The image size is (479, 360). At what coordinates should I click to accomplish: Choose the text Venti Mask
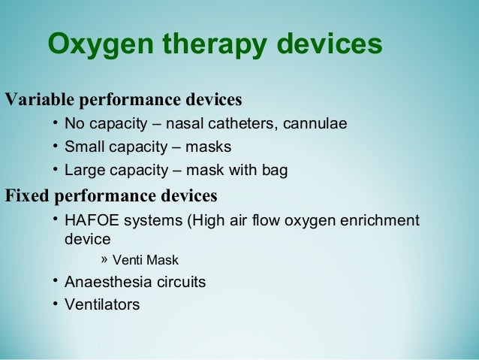click(146, 262)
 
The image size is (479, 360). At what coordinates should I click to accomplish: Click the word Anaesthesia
click(107, 283)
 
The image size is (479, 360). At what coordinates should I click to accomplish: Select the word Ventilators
click(101, 305)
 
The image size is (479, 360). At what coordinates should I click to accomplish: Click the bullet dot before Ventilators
click(56, 304)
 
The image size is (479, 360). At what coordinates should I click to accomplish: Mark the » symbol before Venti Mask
click(104, 260)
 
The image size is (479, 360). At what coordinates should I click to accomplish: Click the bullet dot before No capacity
click(56, 123)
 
